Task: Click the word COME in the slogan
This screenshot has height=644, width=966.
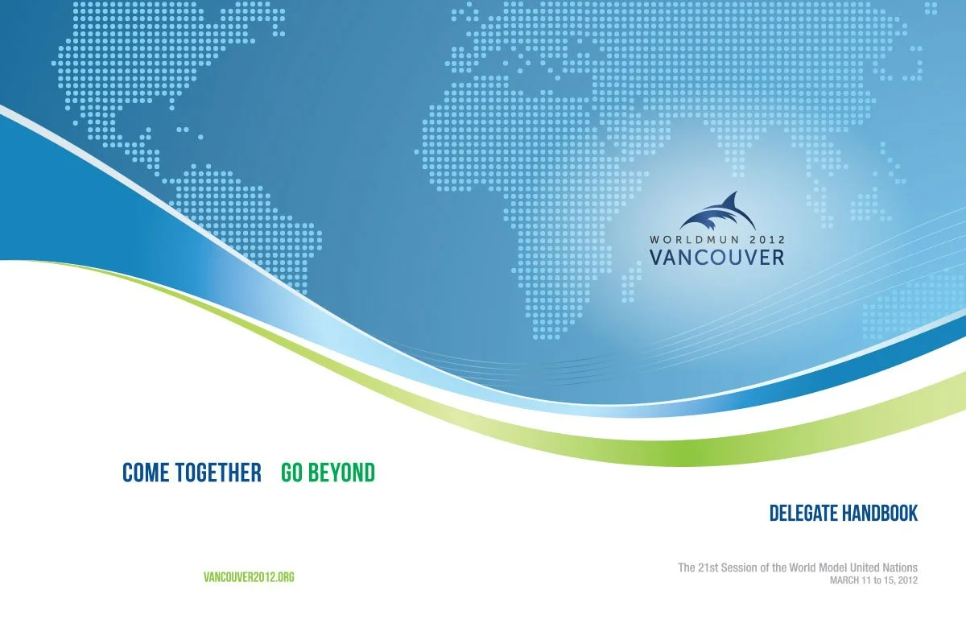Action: pyautogui.click(x=145, y=473)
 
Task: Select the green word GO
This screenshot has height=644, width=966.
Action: pyautogui.click(x=291, y=473)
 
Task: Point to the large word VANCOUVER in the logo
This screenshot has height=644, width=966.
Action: pyautogui.click(x=716, y=257)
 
